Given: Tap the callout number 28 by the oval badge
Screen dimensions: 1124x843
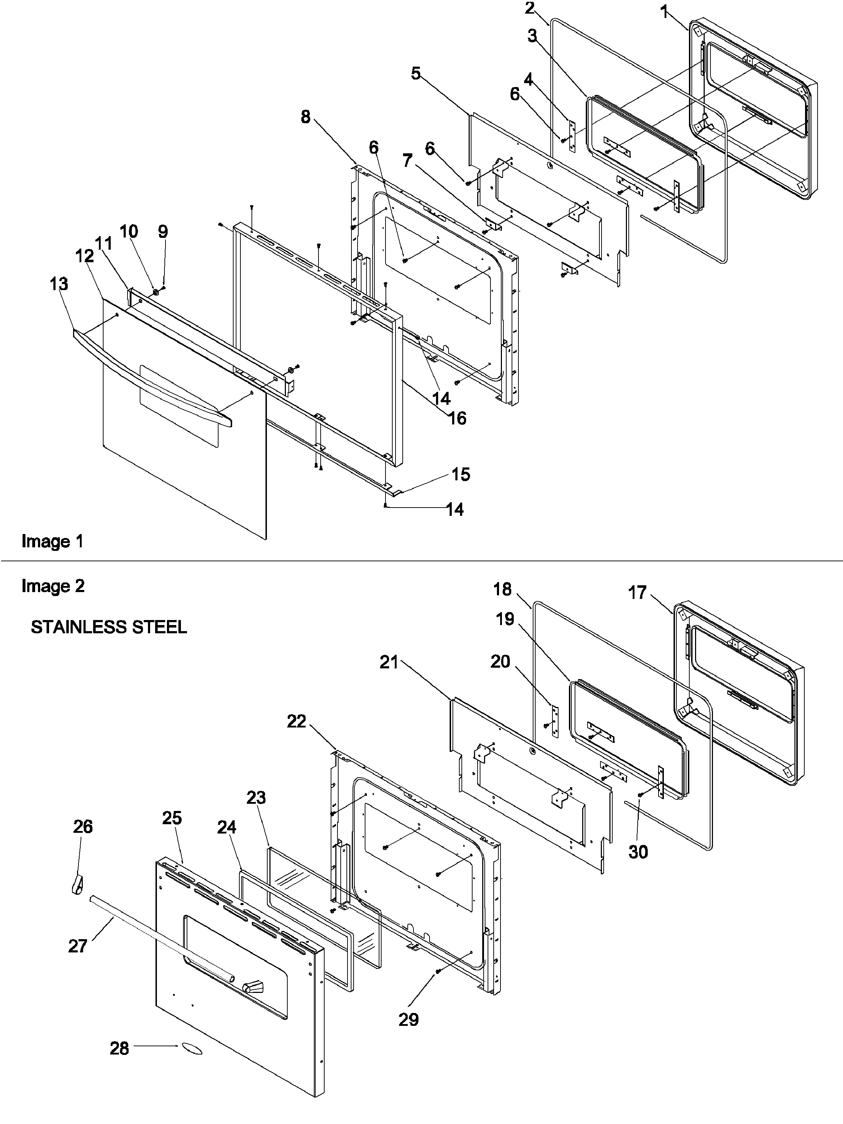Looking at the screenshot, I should click(119, 1048).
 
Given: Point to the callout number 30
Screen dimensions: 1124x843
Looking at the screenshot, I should click(638, 852).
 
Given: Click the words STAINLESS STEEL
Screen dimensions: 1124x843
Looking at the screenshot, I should click(109, 627).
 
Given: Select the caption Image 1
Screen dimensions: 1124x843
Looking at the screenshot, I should click(52, 541).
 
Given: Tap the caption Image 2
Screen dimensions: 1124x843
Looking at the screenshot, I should click(53, 586).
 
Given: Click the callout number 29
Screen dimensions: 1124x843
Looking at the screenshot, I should click(408, 1019).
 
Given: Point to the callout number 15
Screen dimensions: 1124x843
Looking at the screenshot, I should click(460, 474).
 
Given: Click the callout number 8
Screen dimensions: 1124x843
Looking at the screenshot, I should click(305, 117).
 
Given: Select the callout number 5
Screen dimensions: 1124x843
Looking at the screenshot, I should click(416, 74).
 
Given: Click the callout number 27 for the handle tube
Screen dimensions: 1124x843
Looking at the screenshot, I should click(78, 946).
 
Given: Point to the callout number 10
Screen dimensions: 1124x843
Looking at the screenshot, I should click(129, 231).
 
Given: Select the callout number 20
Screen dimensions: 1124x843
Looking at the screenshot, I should click(500, 661).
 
